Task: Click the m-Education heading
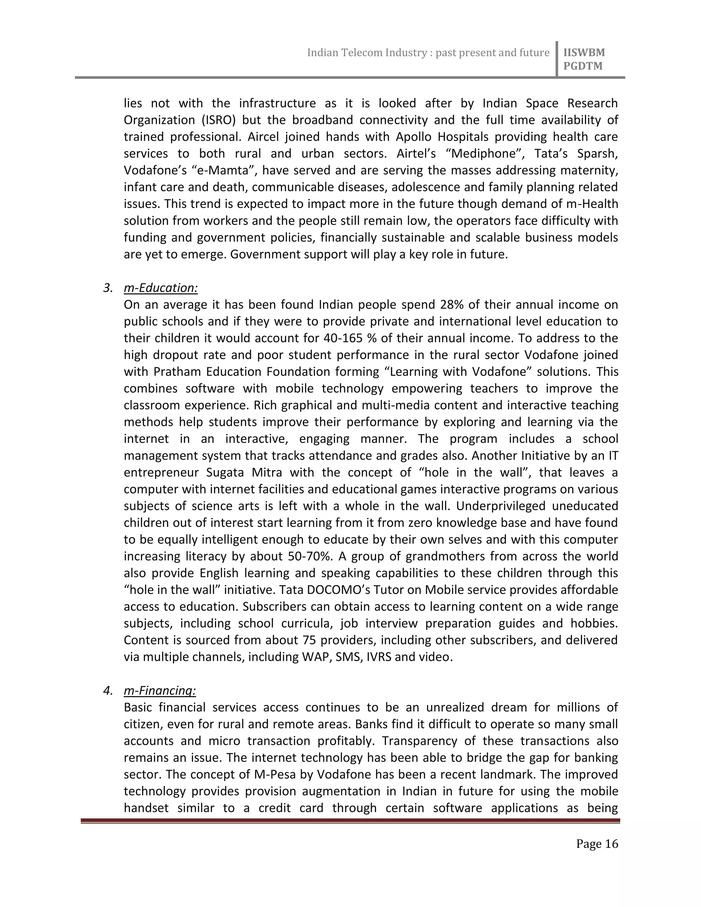(x=161, y=288)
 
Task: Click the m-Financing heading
(x=160, y=691)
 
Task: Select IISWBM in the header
(x=584, y=53)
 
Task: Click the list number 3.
(x=107, y=288)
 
